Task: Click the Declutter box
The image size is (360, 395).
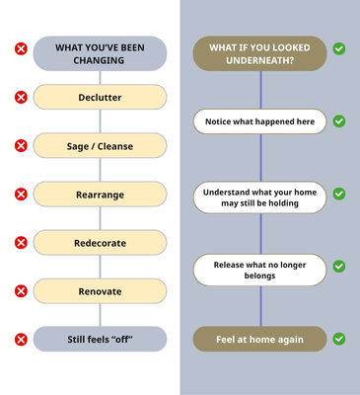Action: pyautogui.click(x=100, y=97)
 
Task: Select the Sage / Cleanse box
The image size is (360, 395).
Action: pyautogui.click(x=100, y=146)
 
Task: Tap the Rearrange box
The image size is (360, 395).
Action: pyautogui.click(x=100, y=195)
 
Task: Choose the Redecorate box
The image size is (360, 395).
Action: pyautogui.click(x=100, y=243)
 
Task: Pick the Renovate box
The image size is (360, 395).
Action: pyautogui.click(x=100, y=291)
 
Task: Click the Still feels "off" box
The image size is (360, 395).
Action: pyautogui.click(x=100, y=339)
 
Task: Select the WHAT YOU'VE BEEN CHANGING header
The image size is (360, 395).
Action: pyautogui.click(x=100, y=53)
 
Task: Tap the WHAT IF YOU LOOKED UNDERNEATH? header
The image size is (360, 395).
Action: pyautogui.click(x=259, y=53)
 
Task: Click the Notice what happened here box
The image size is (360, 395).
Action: pyautogui.click(x=259, y=121)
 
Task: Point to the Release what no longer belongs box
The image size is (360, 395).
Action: pyautogui.click(x=259, y=270)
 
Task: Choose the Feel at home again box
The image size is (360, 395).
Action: pyautogui.click(x=259, y=339)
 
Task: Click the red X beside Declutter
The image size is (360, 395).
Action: pyautogui.click(x=21, y=98)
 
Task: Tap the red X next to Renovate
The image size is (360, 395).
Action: pyautogui.click(x=21, y=291)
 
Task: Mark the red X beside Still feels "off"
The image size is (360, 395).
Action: pyautogui.click(x=21, y=340)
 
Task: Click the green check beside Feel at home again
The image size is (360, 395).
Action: pyautogui.click(x=339, y=339)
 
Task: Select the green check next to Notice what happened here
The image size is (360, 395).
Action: pyautogui.click(x=339, y=121)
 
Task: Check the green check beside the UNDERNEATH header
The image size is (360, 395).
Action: pyautogui.click(x=339, y=48)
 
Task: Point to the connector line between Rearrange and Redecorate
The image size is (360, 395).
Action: pyautogui.click(x=100, y=218)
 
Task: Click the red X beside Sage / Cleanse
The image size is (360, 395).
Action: pyautogui.click(x=21, y=146)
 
